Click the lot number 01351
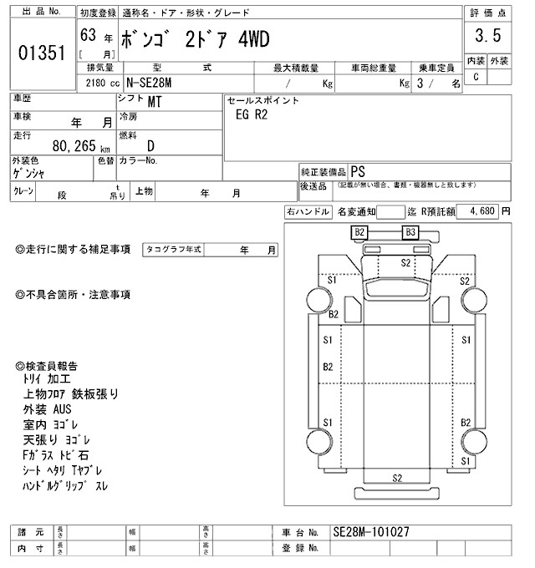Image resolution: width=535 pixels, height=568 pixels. [41, 53]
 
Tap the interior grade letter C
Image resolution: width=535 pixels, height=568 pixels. [476, 78]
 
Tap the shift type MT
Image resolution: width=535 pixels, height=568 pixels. [155, 104]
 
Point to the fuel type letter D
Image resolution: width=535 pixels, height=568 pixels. [151, 145]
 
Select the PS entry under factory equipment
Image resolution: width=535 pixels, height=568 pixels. [358, 170]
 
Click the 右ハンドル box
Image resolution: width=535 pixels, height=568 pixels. [308, 212]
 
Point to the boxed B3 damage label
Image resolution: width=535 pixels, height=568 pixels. [410, 232]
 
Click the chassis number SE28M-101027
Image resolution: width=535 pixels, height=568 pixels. [374, 531]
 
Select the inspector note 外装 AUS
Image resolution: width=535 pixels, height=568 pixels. [48, 409]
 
